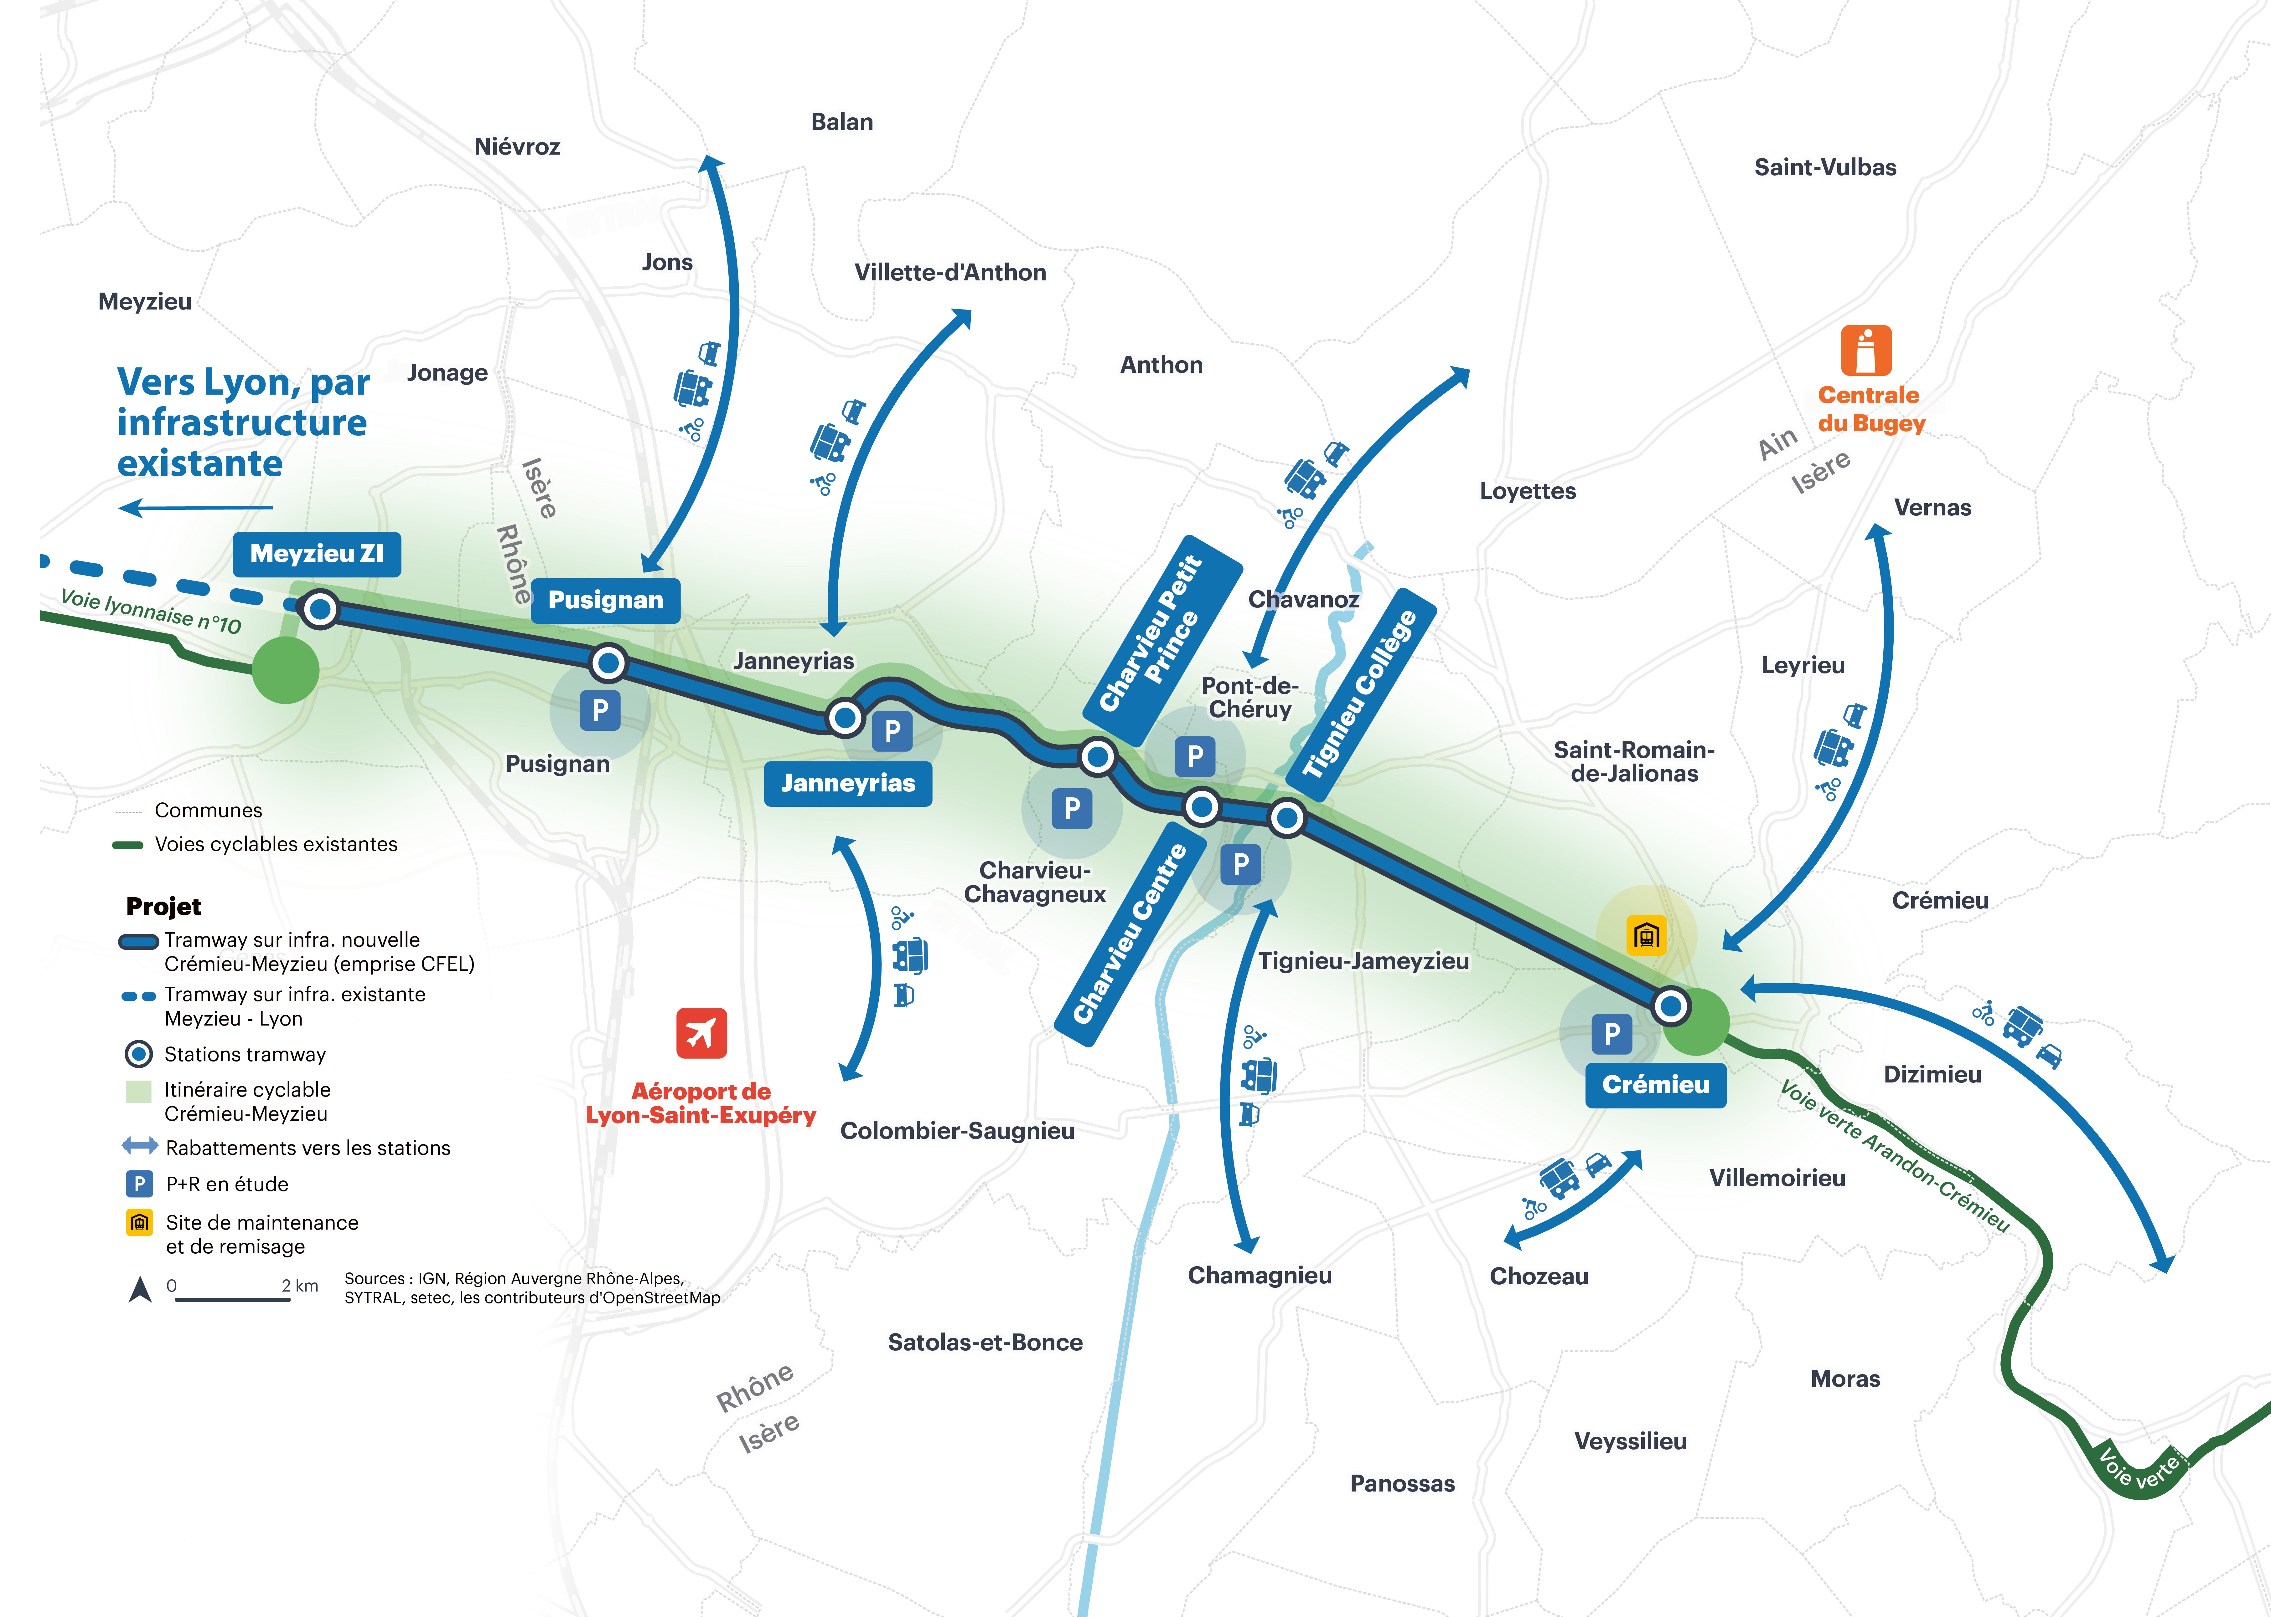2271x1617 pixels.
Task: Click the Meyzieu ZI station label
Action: [317, 555]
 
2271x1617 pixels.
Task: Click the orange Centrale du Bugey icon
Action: [1865, 351]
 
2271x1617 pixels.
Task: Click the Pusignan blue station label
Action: [606, 601]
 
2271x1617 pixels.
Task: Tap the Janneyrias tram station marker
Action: [845, 717]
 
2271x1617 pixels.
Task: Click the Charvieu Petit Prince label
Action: [1162, 639]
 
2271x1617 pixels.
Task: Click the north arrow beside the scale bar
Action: [140, 1289]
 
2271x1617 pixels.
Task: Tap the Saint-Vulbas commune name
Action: [1825, 167]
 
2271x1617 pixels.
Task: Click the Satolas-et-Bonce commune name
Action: [985, 1342]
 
